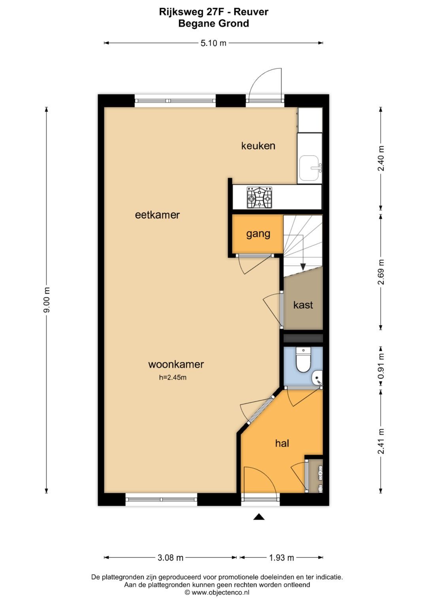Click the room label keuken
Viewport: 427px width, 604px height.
(x=258, y=146)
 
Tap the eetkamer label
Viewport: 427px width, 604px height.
(x=157, y=215)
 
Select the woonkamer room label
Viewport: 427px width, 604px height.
(x=176, y=364)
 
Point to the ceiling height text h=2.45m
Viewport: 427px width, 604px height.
(x=173, y=377)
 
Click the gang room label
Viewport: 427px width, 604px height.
(x=258, y=233)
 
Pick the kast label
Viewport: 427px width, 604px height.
(x=303, y=305)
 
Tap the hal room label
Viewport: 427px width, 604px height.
(x=282, y=443)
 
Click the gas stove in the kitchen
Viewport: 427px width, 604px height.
(x=259, y=197)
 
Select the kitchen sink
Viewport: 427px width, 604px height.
(x=310, y=168)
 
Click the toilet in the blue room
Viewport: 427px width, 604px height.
(x=303, y=360)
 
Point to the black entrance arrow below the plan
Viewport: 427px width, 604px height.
(x=259, y=517)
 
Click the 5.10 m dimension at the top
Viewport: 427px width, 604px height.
(x=213, y=43)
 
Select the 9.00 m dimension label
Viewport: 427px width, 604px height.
(x=47, y=300)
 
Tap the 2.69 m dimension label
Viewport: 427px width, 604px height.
(x=381, y=272)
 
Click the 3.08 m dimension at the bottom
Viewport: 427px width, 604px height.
(x=170, y=558)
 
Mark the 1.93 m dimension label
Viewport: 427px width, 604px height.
(x=282, y=558)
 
